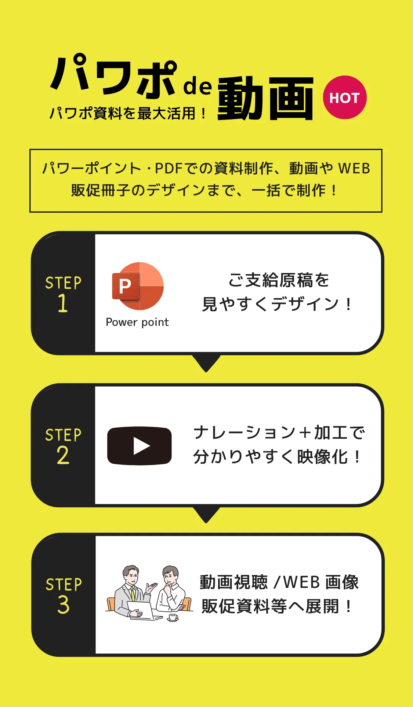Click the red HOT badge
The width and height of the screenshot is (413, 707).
tap(344, 97)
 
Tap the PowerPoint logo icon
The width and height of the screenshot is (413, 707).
tap(138, 286)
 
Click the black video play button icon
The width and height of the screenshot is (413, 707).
tap(139, 446)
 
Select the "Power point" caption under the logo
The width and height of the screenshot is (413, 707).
tap(137, 322)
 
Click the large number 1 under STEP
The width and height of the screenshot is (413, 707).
tap(63, 303)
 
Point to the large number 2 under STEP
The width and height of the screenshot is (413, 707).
tap(63, 455)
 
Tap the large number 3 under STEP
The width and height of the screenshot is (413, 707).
tap(63, 605)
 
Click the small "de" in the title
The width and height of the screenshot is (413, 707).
tap(197, 85)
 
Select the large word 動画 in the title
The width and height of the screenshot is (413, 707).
tap(265, 98)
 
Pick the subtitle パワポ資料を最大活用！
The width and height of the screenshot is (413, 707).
tap(128, 113)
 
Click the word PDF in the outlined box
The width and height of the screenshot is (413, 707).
tap(169, 169)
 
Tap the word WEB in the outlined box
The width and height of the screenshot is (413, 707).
tap(354, 169)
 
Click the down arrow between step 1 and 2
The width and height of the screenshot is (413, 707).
tap(206, 363)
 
